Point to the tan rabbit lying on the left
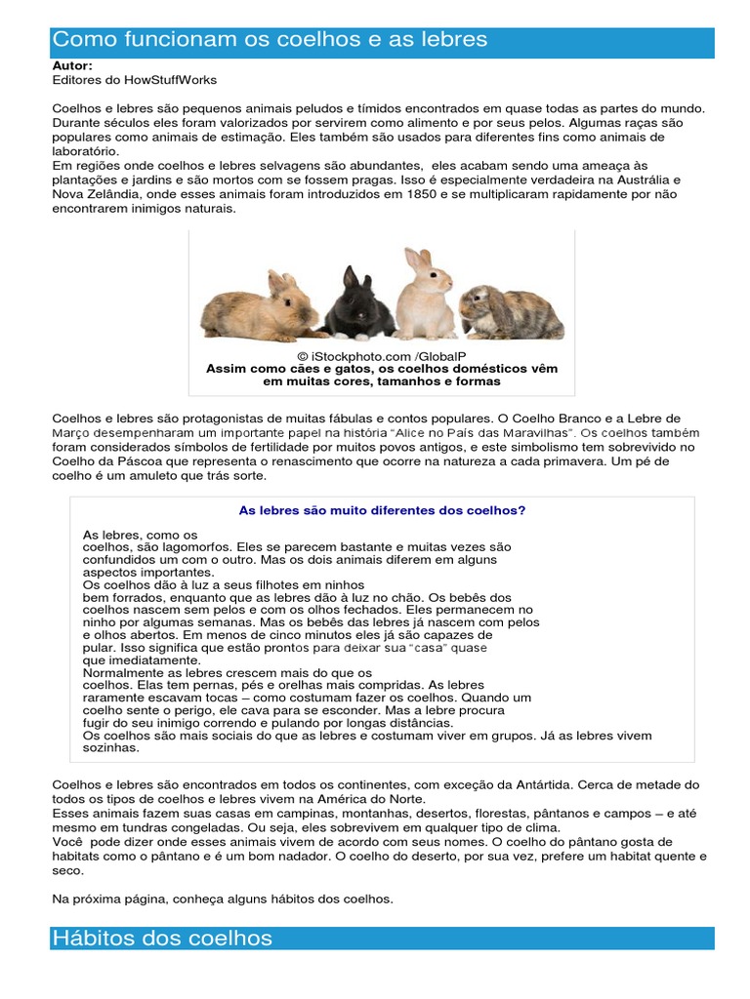pyautogui.click(x=256, y=306)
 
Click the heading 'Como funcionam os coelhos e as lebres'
pyautogui.click(x=270, y=40)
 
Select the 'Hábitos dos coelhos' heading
pyautogui.click(x=162, y=939)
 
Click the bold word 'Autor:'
pyautogui.click(x=72, y=65)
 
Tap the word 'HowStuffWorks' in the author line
pyautogui.click(x=174, y=79)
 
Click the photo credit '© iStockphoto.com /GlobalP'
pyautogui.click(x=382, y=357)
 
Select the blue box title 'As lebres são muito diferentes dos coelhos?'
pyautogui.click(x=382, y=509)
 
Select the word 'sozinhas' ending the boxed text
pyautogui.click(x=110, y=748)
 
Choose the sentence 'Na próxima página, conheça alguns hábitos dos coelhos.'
pyautogui.click(x=223, y=899)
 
